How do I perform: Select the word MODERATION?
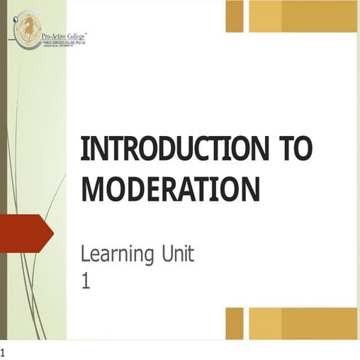(x=171, y=189)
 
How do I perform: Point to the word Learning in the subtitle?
(x=113, y=253)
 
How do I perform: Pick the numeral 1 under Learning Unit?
(x=86, y=282)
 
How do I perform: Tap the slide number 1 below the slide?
(x=3, y=352)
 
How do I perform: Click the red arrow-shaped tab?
(x=24, y=232)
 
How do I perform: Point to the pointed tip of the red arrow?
(x=52, y=232)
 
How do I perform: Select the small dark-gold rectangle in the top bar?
(x=234, y=16)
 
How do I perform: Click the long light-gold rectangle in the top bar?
(x=302, y=16)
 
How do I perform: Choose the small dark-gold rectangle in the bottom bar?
(x=234, y=323)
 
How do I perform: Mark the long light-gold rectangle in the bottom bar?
(x=302, y=323)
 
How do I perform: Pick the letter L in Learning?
(x=85, y=253)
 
